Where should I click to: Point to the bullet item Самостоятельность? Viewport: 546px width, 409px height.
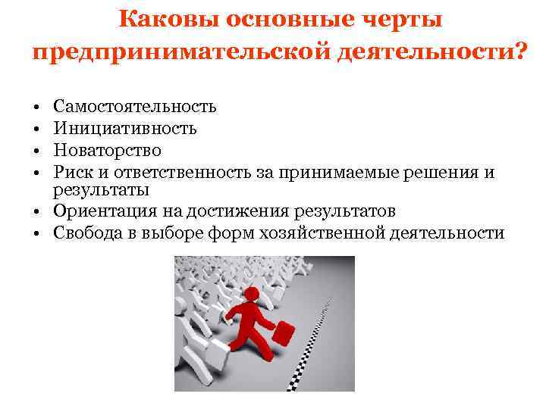point(135,106)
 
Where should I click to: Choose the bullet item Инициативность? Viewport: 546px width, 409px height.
point(125,128)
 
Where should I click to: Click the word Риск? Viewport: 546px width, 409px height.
point(74,173)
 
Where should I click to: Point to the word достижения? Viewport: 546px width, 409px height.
point(223,211)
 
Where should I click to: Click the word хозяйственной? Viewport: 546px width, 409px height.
point(325,233)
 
